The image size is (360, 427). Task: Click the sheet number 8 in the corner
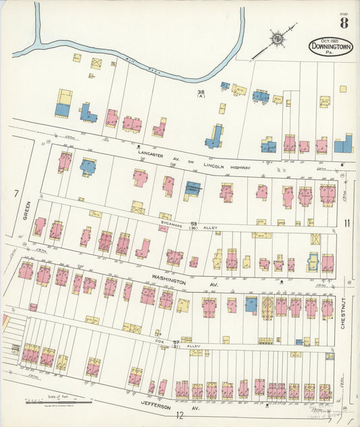344,24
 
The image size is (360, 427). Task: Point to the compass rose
276,39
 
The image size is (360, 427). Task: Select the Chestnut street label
343,313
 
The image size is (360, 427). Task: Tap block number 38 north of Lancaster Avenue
201,92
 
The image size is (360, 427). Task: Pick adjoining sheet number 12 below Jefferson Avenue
180,415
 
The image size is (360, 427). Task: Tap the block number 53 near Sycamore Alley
192,223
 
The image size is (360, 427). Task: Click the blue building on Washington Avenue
251,305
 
